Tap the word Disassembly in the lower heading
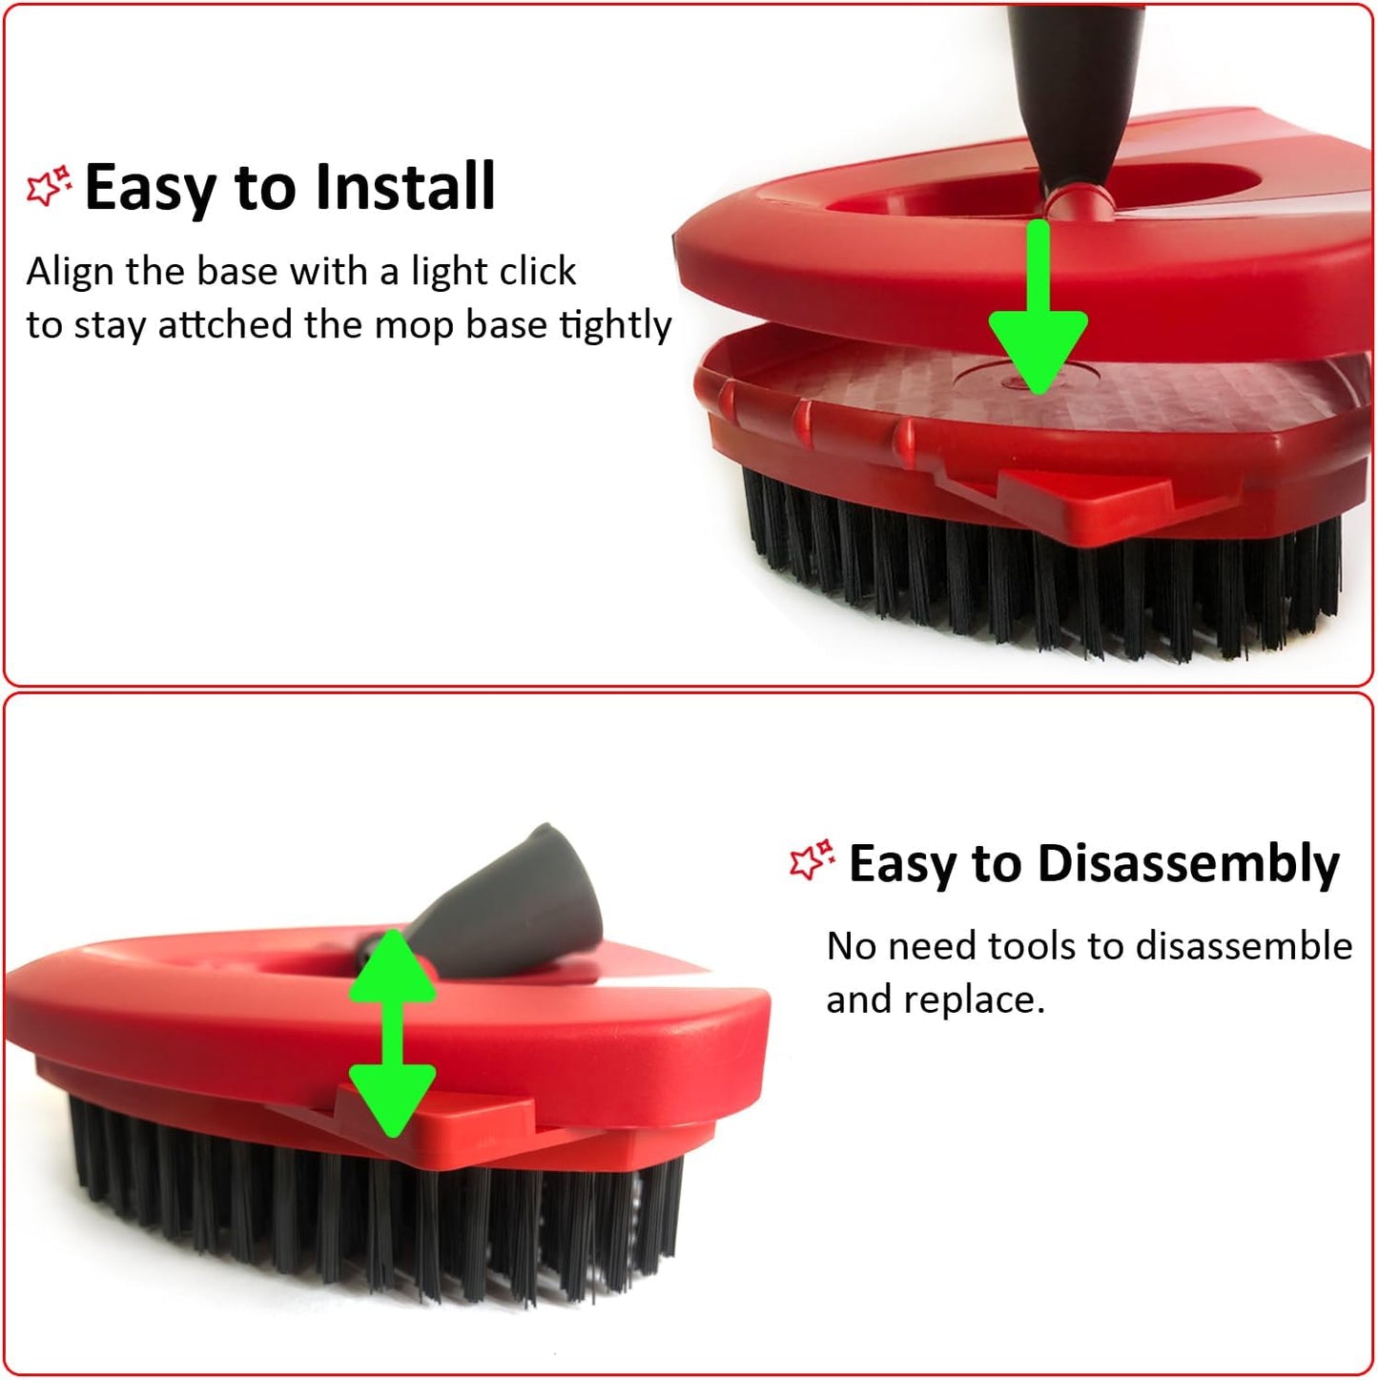point(1188,864)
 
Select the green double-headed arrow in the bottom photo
point(392,1034)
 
